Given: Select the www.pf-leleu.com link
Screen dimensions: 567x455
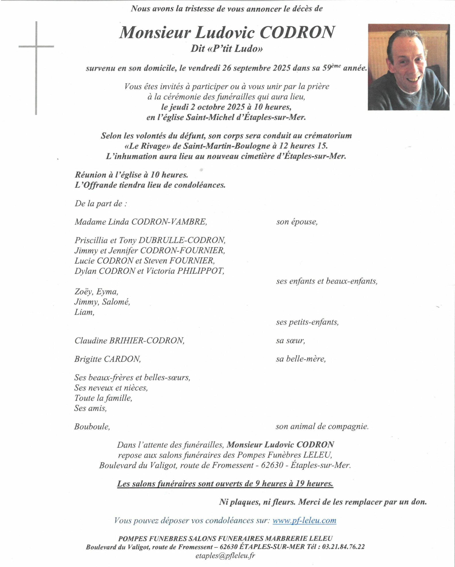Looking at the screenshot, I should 304,520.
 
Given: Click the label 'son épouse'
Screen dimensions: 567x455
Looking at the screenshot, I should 297,222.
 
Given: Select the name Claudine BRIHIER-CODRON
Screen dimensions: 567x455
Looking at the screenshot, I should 129,341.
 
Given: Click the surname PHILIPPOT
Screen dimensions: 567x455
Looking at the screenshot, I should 201,271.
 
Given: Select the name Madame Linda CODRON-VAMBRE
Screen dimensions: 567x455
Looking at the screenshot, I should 141,222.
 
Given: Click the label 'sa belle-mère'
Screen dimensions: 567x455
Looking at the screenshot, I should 301,359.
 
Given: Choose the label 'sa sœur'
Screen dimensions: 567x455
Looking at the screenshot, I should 290,341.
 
